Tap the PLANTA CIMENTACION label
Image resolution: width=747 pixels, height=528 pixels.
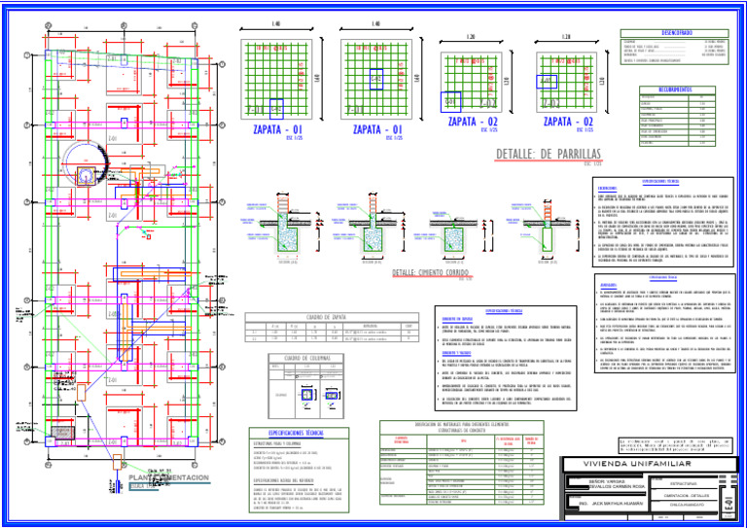click(169, 478)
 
